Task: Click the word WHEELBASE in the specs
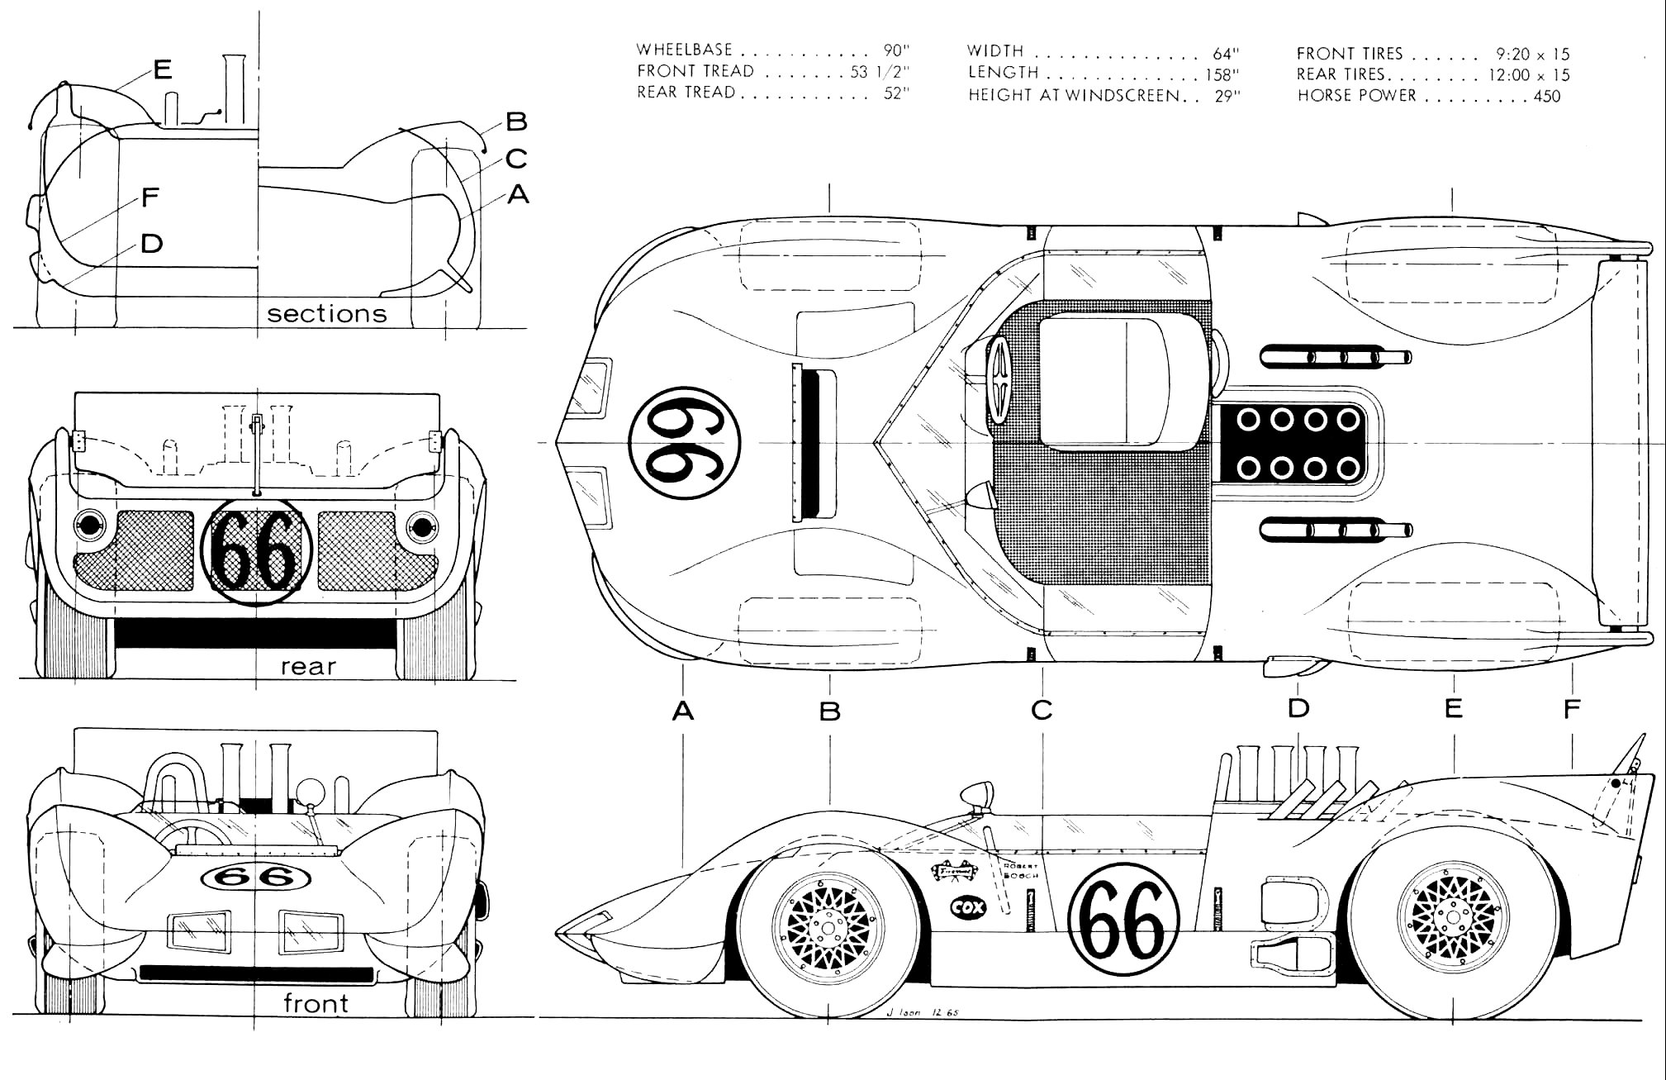(x=685, y=50)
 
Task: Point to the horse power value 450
(x=1547, y=96)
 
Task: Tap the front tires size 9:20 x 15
(x=1532, y=54)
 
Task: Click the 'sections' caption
(x=327, y=314)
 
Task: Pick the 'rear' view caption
(x=308, y=666)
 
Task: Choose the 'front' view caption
(x=316, y=1003)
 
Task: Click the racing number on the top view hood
(x=684, y=443)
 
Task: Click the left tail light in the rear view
(x=88, y=524)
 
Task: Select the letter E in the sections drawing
(x=163, y=69)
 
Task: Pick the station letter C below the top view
(x=1042, y=709)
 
